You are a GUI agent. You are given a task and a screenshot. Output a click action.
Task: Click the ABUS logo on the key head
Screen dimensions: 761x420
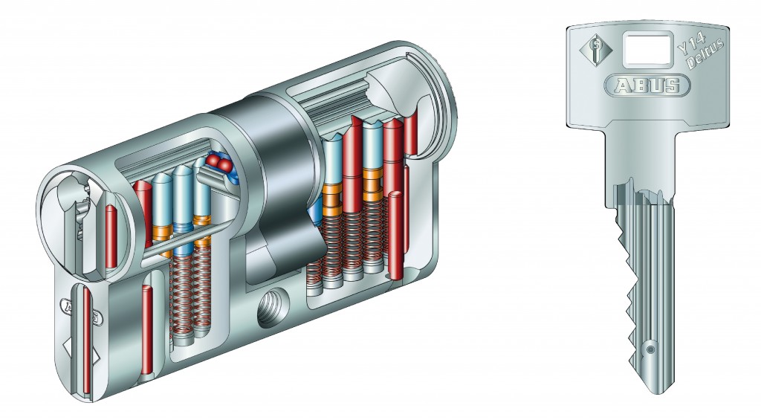(647, 86)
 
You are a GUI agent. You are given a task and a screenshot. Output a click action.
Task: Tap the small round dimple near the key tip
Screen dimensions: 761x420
(650, 349)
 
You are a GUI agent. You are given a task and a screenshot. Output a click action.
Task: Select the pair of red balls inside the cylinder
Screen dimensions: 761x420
(219, 164)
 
